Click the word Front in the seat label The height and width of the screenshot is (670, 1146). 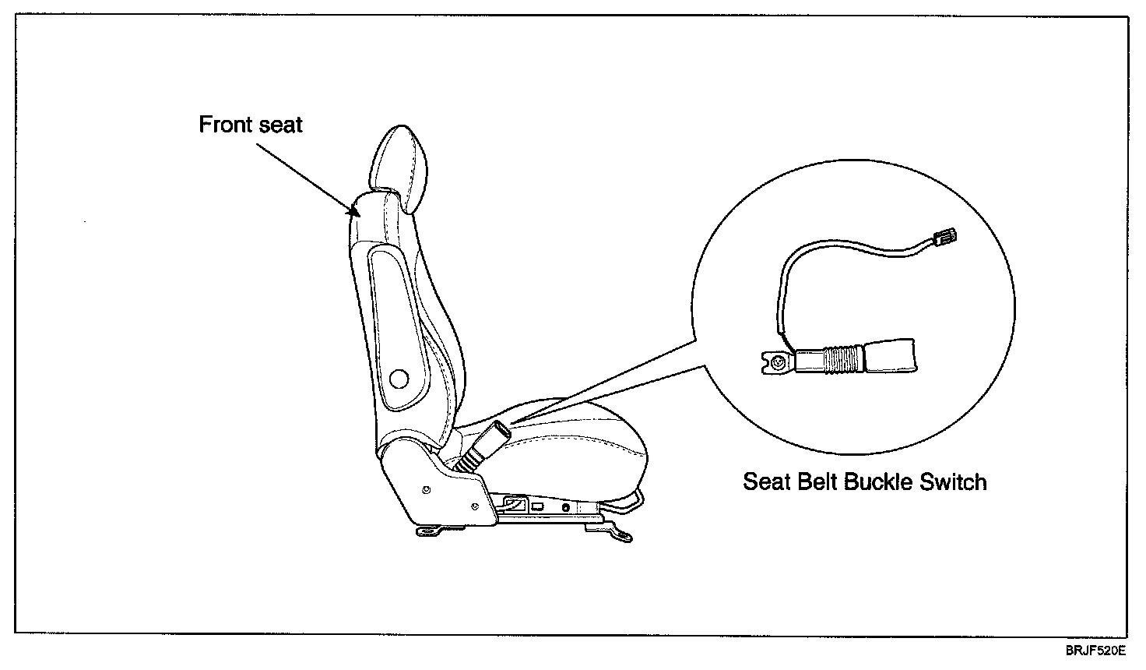tap(224, 125)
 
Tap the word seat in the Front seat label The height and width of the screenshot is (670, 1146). tap(278, 125)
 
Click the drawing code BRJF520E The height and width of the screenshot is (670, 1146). tap(1096, 650)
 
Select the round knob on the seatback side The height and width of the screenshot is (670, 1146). tap(398, 379)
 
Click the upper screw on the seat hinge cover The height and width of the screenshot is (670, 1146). tap(425, 489)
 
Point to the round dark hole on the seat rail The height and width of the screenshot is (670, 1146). tap(565, 507)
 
